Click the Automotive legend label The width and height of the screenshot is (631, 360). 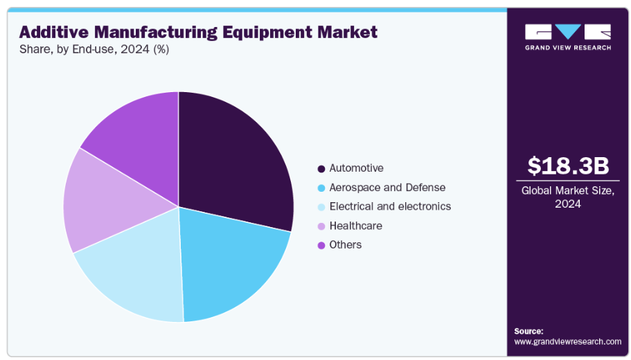356,168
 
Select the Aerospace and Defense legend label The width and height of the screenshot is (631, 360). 387,188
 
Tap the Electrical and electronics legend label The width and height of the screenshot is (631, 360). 390,206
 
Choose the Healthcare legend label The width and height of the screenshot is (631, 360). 355,226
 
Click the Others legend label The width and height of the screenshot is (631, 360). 345,244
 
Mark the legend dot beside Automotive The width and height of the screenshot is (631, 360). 321,169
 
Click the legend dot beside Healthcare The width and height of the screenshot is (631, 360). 321,226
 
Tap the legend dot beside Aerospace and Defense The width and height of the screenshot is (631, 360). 321,188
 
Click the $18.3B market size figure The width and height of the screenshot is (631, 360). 568,166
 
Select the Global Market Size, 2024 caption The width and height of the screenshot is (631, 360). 568,197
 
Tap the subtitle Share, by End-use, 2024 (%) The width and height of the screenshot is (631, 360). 94,49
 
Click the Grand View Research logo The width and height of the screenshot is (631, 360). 568,37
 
